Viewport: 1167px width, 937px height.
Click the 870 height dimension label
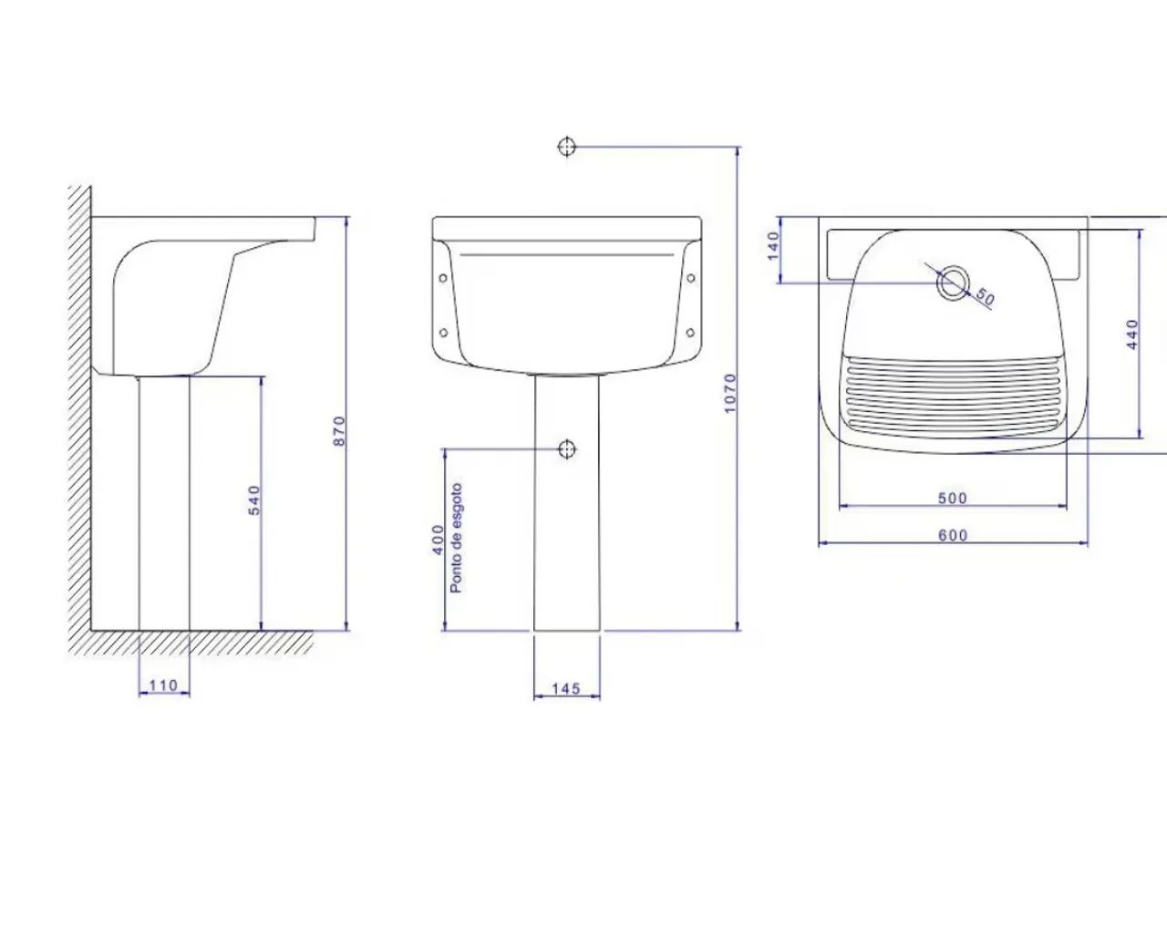[x=339, y=431]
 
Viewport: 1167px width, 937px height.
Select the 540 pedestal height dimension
[x=253, y=500]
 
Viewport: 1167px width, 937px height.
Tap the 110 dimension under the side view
[x=163, y=685]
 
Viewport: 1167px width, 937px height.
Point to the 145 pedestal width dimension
[x=566, y=689]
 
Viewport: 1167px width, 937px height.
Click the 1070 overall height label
[x=730, y=393]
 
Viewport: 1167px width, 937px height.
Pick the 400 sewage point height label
[x=438, y=540]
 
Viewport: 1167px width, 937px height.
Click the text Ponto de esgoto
[x=456, y=538]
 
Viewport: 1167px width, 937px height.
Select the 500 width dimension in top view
[x=952, y=498]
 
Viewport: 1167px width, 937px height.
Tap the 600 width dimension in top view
[x=952, y=535]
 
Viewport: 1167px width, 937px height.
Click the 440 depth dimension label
[x=1132, y=334]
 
